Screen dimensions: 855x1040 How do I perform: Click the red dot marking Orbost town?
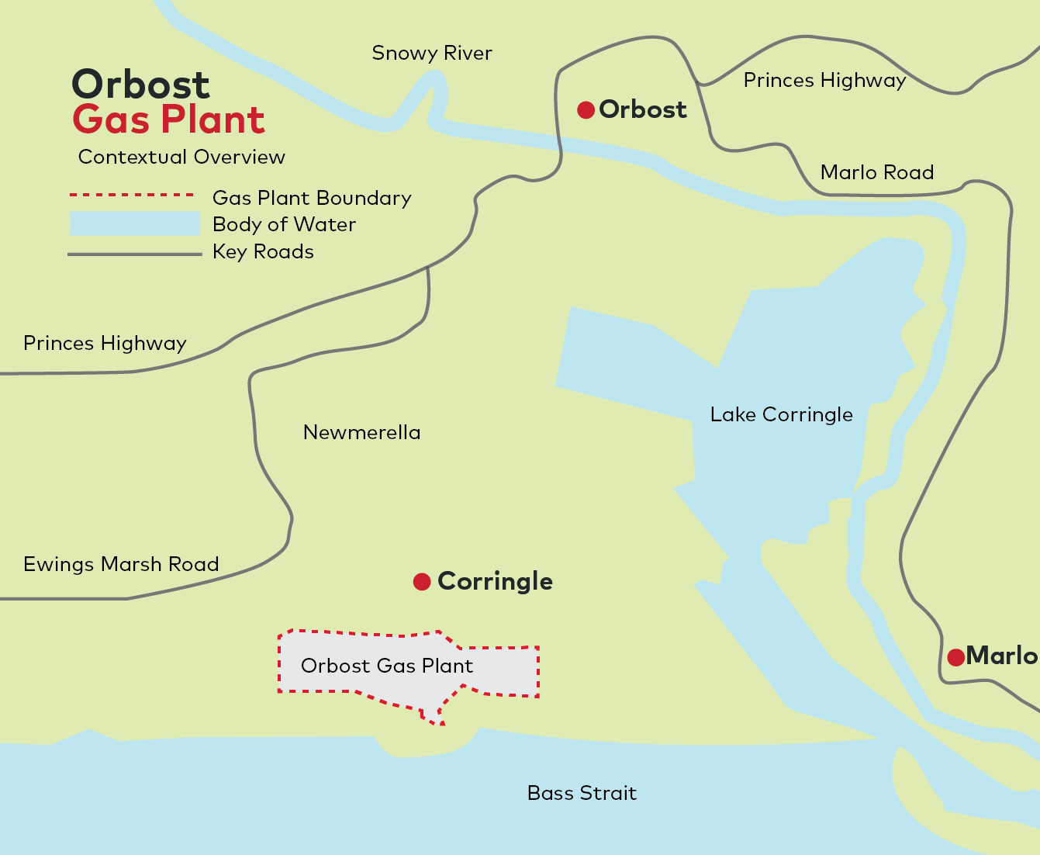(x=586, y=110)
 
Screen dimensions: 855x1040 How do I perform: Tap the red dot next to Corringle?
(x=422, y=582)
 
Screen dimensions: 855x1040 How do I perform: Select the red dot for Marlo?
(x=955, y=657)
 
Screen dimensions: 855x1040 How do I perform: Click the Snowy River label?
(x=432, y=54)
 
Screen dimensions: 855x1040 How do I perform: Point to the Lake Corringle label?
(x=781, y=415)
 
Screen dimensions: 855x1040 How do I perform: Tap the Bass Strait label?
(x=582, y=793)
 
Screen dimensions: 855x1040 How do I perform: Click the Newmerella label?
(x=361, y=432)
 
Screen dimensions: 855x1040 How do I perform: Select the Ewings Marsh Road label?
(x=121, y=564)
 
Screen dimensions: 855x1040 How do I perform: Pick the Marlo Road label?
(x=877, y=172)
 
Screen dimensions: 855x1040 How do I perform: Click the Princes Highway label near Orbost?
(x=824, y=81)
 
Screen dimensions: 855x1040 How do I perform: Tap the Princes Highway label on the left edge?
(x=105, y=344)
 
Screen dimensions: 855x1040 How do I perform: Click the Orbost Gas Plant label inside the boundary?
(x=387, y=666)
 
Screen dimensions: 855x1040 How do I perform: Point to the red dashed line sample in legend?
(x=131, y=195)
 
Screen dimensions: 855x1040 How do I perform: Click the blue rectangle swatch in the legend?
(x=134, y=223)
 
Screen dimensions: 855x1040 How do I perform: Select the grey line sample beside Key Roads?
(x=134, y=254)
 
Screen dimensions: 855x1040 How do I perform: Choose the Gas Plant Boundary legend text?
(x=312, y=199)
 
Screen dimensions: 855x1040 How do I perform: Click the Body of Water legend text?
(x=284, y=225)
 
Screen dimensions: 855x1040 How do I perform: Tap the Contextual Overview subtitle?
(x=181, y=157)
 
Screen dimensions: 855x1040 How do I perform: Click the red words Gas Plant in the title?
(x=169, y=120)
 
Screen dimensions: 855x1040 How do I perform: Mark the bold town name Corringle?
(x=495, y=581)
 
